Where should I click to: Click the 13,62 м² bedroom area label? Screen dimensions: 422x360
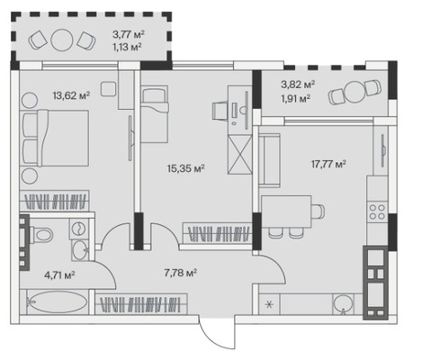(x=71, y=95)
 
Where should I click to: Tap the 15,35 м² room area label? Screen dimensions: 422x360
(x=185, y=168)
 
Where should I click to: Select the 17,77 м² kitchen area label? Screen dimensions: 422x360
(x=328, y=164)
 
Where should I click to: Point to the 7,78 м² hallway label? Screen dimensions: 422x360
(x=181, y=273)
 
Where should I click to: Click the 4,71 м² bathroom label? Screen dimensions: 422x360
(x=59, y=274)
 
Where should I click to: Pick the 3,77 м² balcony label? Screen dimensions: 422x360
(x=129, y=34)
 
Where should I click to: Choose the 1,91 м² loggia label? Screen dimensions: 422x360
(x=295, y=98)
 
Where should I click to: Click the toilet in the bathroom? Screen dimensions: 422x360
(x=41, y=234)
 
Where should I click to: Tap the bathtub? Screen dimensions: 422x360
(x=58, y=302)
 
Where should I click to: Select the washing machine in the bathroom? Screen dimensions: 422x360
(x=79, y=229)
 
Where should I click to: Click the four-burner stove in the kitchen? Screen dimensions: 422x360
(x=377, y=211)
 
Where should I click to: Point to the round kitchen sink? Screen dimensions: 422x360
(x=343, y=304)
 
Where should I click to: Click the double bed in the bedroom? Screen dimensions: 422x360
(x=55, y=138)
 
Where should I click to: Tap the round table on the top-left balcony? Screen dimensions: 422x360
(x=62, y=40)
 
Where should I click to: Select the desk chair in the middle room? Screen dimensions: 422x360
(x=220, y=111)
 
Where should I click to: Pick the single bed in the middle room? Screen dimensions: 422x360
(x=155, y=114)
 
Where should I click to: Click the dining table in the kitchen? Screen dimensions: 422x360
(x=286, y=211)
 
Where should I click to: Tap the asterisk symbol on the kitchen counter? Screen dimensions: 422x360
(x=269, y=304)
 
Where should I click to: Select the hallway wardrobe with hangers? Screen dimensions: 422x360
(x=141, y=304)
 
